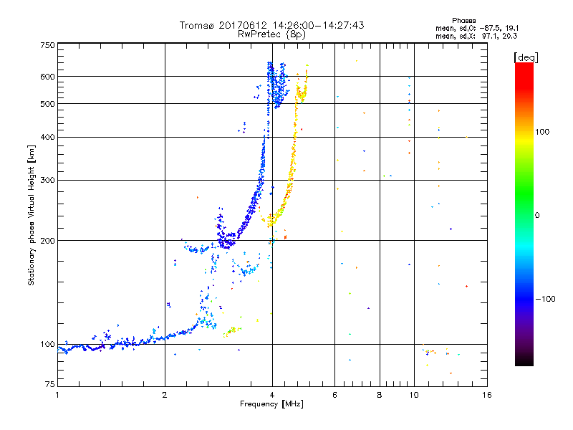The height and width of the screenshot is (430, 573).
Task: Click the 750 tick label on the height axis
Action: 47,44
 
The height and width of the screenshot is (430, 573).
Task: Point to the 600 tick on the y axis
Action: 47,76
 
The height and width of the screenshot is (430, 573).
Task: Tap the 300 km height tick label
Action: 47,180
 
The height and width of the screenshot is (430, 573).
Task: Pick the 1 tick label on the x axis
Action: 58,395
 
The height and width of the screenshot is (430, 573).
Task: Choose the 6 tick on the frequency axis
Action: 334,395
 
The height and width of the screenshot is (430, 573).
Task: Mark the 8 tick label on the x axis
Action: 380,395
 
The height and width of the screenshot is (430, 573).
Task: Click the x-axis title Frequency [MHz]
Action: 271,404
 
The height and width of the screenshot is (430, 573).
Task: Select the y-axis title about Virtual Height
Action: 32,215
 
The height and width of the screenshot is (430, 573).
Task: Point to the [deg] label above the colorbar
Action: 526,57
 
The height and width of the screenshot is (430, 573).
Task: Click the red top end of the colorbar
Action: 524,66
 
